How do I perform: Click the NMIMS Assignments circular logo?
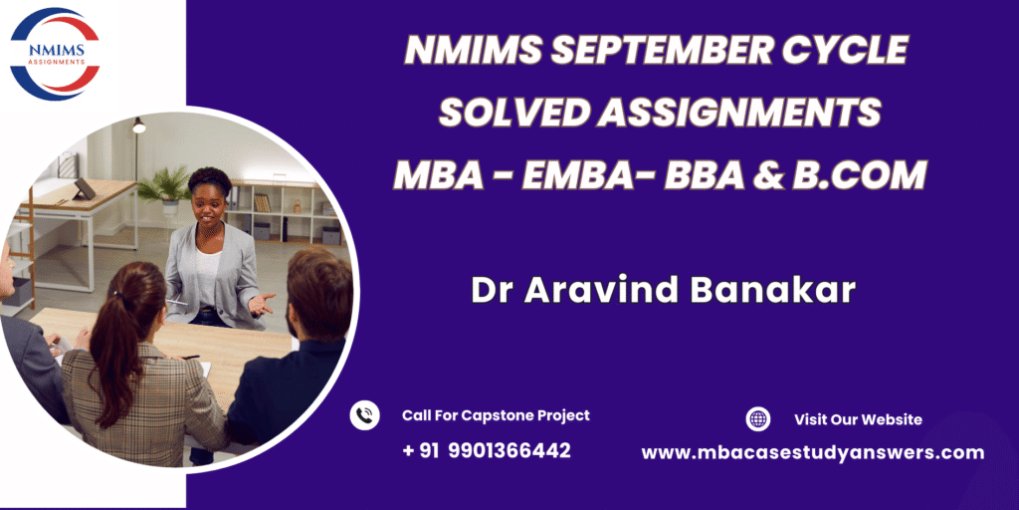coord(56,54)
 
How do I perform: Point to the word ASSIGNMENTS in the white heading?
coord(739,114)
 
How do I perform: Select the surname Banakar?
coord(772,291)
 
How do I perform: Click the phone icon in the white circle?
coord(364,415)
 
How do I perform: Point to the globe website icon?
coord(757,419)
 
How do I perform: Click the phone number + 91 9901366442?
coord(486,449)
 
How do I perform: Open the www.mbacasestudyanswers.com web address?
coord(812,453)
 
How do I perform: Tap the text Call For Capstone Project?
coord(496,415)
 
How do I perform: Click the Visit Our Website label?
coord(858,419)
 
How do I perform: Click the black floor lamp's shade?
coord(139,126)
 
